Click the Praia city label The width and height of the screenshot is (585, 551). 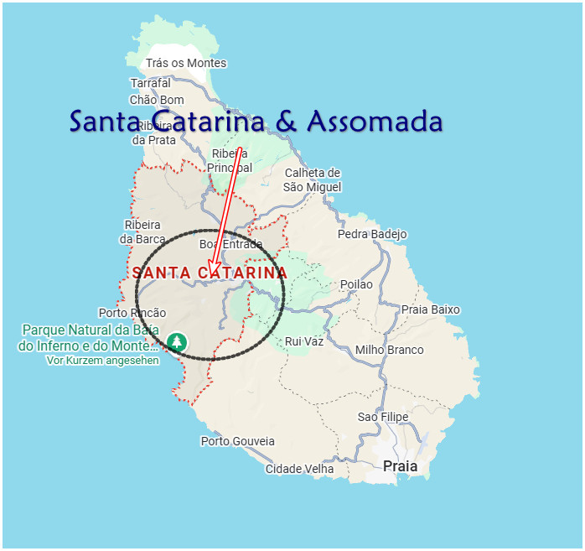400,466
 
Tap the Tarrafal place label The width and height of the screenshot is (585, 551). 151,83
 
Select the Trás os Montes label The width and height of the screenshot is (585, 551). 186,63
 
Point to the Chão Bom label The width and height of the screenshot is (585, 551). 157,100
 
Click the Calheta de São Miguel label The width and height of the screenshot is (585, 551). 313,179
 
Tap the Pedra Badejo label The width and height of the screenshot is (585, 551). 372,234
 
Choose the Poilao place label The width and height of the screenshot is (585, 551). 356,284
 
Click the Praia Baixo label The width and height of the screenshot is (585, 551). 431,309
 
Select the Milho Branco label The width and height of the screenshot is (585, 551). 390,350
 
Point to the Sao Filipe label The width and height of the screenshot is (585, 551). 383,417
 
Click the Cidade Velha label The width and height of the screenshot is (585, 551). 300,469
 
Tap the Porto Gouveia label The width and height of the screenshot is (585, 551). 238,441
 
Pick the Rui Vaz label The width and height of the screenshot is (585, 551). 304,341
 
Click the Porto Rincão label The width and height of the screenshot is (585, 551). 132,313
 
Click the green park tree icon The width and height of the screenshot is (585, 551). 176,341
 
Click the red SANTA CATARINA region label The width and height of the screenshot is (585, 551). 210,273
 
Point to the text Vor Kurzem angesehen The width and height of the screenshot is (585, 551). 102,360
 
